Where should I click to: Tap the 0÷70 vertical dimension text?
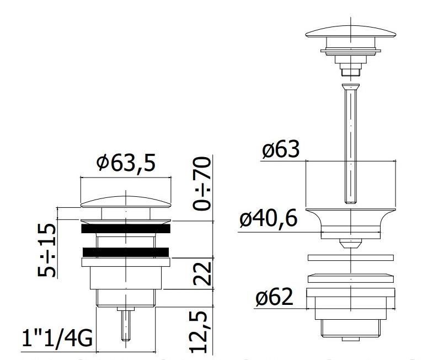pos(202,184)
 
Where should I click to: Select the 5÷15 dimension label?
pos(46,250)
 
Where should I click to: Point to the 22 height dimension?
pos(202,274)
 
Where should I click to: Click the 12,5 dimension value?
pos(199,332)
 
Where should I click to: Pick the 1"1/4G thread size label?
pos(57,338)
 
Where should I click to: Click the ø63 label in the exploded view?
pos(281,149)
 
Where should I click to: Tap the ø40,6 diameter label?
pos(269,219)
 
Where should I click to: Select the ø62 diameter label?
pos(274,297)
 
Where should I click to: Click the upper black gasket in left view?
pos(126,229)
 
